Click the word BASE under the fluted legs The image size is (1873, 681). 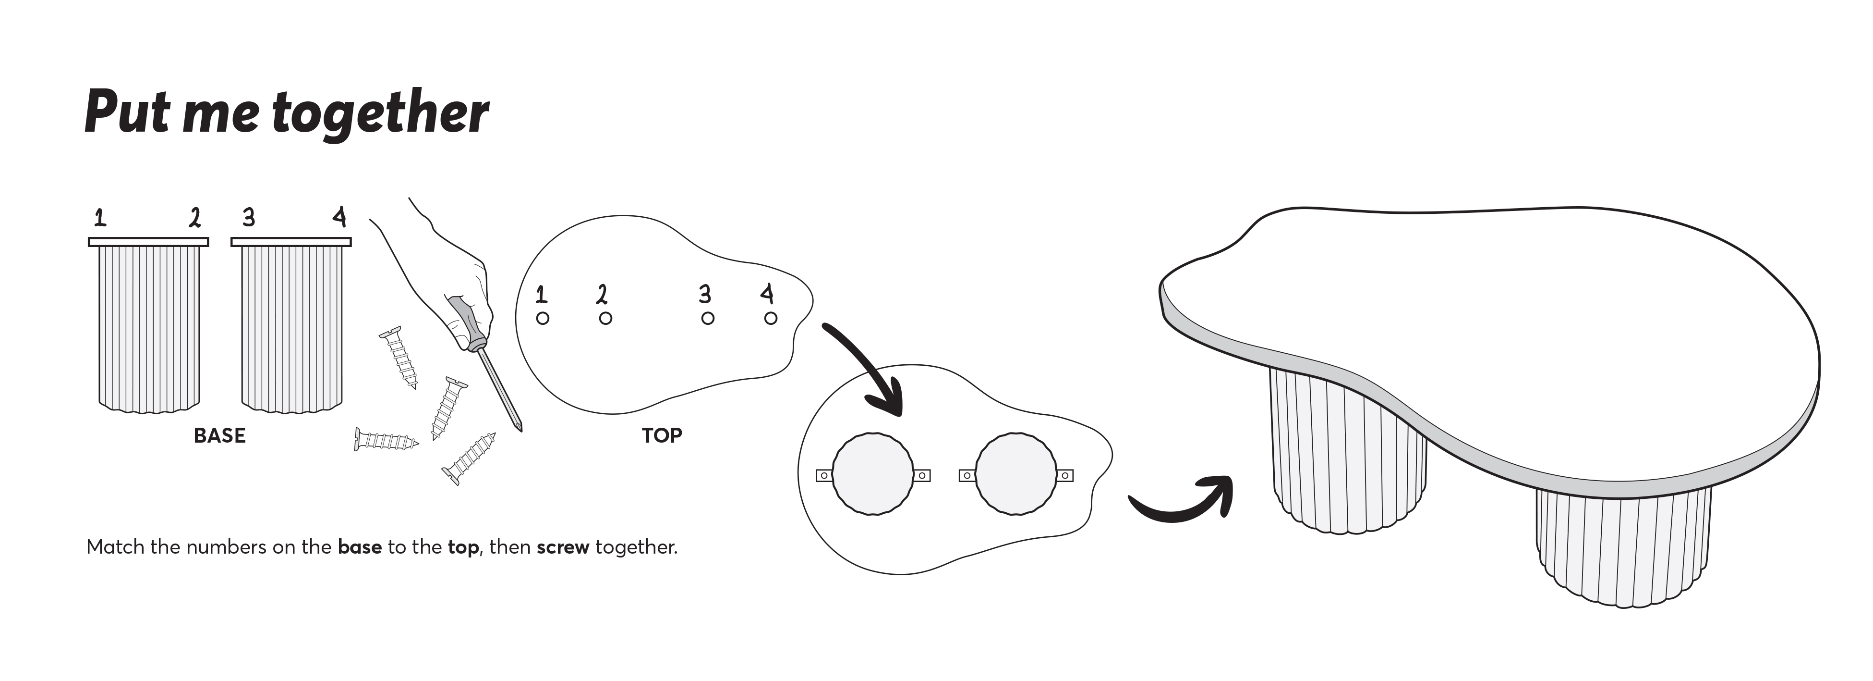point(219,436)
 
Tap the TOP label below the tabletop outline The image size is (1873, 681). point(662,436)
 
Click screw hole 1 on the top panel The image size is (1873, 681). point(543,318)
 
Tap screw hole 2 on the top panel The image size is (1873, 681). point(605,318)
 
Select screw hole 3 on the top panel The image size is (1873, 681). point(707,318)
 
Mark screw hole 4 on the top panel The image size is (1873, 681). point(771,318)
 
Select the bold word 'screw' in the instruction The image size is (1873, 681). point(563,547)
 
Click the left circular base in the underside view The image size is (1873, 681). point(872,474)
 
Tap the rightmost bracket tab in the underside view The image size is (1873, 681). point(1065,476)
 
